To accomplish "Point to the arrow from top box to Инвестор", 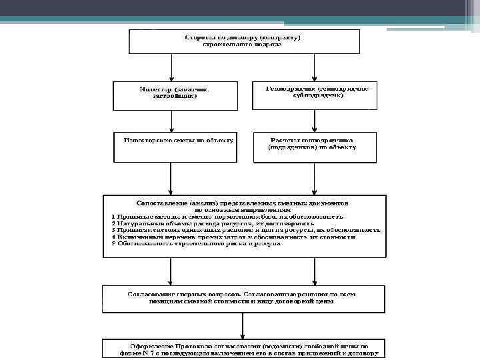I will coord(173,67).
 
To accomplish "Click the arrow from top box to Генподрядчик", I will coord(315,67).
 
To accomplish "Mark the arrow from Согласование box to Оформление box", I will coord(243,326).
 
